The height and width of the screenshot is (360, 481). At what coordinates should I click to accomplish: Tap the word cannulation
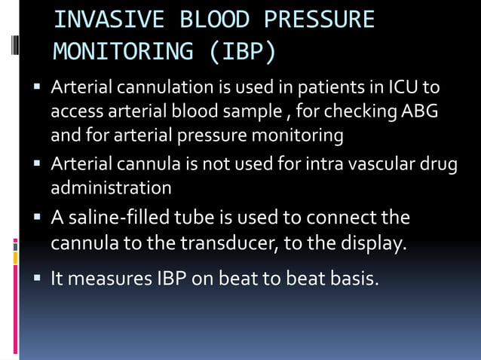(157, 90)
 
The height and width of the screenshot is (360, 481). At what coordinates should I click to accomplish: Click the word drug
(439, 163)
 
